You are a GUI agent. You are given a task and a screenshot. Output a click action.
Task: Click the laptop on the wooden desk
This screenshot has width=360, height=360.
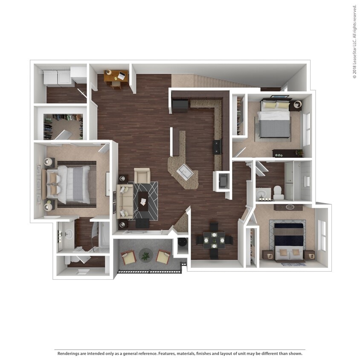click(122, 76)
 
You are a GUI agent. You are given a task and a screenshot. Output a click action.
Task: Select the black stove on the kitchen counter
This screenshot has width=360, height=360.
click(218, 147)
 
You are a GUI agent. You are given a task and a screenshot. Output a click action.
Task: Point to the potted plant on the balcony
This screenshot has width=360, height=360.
click(146, 256)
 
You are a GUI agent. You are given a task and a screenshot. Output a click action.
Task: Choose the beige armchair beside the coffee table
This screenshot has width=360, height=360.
click(142, 175)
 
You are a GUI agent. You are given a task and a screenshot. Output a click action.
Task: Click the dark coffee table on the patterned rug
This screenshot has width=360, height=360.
click(143, 199)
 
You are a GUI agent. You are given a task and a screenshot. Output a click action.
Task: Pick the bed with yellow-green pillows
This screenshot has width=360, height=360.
click(275, 119)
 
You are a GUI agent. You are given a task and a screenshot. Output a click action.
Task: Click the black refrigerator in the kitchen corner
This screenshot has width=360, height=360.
click(180, 105)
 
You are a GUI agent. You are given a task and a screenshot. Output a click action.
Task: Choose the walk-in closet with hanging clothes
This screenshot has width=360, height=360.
click(63, 126)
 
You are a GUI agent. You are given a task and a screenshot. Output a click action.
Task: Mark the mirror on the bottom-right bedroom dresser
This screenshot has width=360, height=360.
click(290, 207)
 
